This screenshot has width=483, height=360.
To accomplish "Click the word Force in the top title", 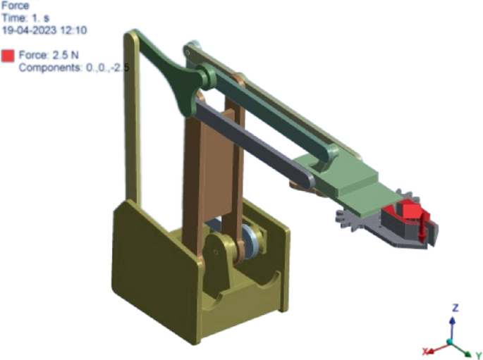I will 16,6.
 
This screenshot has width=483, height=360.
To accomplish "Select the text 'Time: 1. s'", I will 25,18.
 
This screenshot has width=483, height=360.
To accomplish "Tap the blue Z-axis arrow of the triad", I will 452,328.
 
